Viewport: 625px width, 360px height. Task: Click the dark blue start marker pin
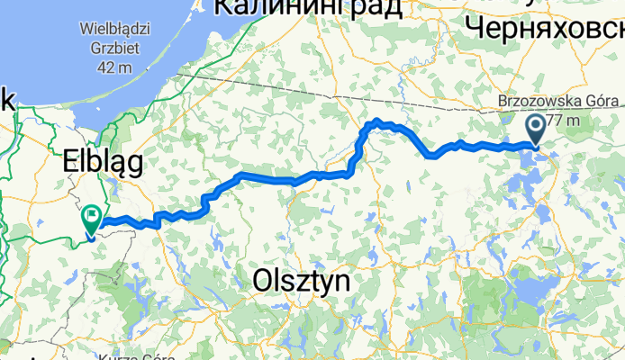536,128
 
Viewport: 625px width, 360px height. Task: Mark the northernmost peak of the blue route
377,121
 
